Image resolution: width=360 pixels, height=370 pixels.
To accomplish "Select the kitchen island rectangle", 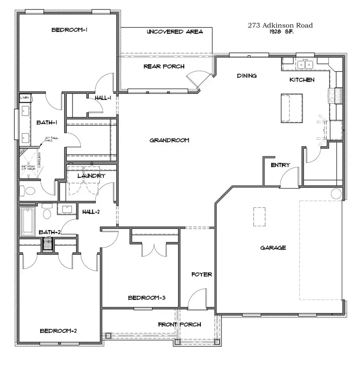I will (x=292, y=108).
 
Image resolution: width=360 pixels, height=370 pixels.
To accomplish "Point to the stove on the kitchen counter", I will (x=335, y=96).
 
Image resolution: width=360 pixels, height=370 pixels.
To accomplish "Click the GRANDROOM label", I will (x=169, y=140).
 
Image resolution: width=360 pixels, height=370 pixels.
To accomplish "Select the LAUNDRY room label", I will (x=91, y=176).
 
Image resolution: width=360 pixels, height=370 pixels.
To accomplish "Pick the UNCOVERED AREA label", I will (x=174, y=32).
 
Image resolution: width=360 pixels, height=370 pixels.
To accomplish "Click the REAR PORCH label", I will (x=164, y=66).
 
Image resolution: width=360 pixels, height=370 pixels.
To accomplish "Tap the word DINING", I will (x=246, y=76).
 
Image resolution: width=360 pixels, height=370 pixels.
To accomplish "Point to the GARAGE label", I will (x=273, y=248).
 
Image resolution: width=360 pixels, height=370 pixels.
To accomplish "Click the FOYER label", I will (x=201, y=275).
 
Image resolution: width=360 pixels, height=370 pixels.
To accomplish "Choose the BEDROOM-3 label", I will (x=147, y=298).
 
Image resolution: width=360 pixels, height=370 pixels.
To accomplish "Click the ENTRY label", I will (x=280, y=165).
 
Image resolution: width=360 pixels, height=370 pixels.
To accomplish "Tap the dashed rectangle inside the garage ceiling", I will (x=259, y=217).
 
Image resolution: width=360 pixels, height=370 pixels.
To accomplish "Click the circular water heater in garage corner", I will (x=336, y=194).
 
